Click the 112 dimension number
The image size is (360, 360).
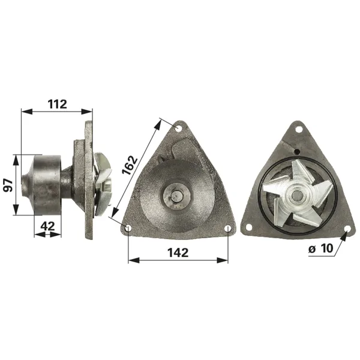[58, 104]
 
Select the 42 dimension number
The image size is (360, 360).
[47, 226]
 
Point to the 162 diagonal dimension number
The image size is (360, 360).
[130, 166]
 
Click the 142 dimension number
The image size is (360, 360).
[178, 253]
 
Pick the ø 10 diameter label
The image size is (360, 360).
[321, 248]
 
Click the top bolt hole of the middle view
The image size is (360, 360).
[178, 128]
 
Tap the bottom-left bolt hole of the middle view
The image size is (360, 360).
[128, 229]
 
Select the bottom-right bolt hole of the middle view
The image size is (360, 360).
[228, 229]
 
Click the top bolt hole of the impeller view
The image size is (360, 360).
[299, 130]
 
